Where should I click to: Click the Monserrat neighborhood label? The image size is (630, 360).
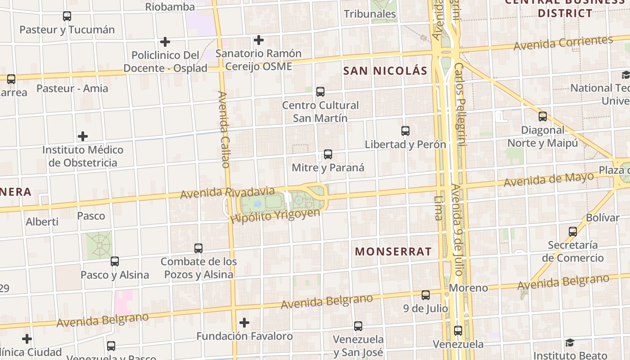[393, 252]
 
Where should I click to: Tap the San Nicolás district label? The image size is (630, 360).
[385, 71]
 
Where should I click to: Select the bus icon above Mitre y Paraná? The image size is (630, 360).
[328, 154]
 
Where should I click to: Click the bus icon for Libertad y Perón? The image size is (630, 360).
[405, 131]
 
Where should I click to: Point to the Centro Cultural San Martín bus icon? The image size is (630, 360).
[320, 92]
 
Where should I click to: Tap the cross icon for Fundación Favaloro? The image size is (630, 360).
[244, 323]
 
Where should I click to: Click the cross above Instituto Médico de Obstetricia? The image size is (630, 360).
[83, 136]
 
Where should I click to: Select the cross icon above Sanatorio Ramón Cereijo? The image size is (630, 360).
[259, 40]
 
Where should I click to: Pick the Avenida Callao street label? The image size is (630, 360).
[224, 129]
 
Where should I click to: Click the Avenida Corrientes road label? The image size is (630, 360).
[563, 43]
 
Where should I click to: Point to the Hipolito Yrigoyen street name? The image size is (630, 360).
[275, 216]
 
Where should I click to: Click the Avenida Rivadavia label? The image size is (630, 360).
[227, 193]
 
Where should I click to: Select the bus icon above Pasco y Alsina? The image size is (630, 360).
[115, 261]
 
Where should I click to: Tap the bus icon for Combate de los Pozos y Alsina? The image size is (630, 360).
[198, 248]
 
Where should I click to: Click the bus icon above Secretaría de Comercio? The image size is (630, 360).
[573, 232]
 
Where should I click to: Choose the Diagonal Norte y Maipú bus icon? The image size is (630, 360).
[543, 117]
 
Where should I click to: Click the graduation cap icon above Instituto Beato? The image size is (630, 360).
[570, 343]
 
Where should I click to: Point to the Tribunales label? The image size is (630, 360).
[370, 14]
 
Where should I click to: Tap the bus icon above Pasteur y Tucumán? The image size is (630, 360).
[67, 16]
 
